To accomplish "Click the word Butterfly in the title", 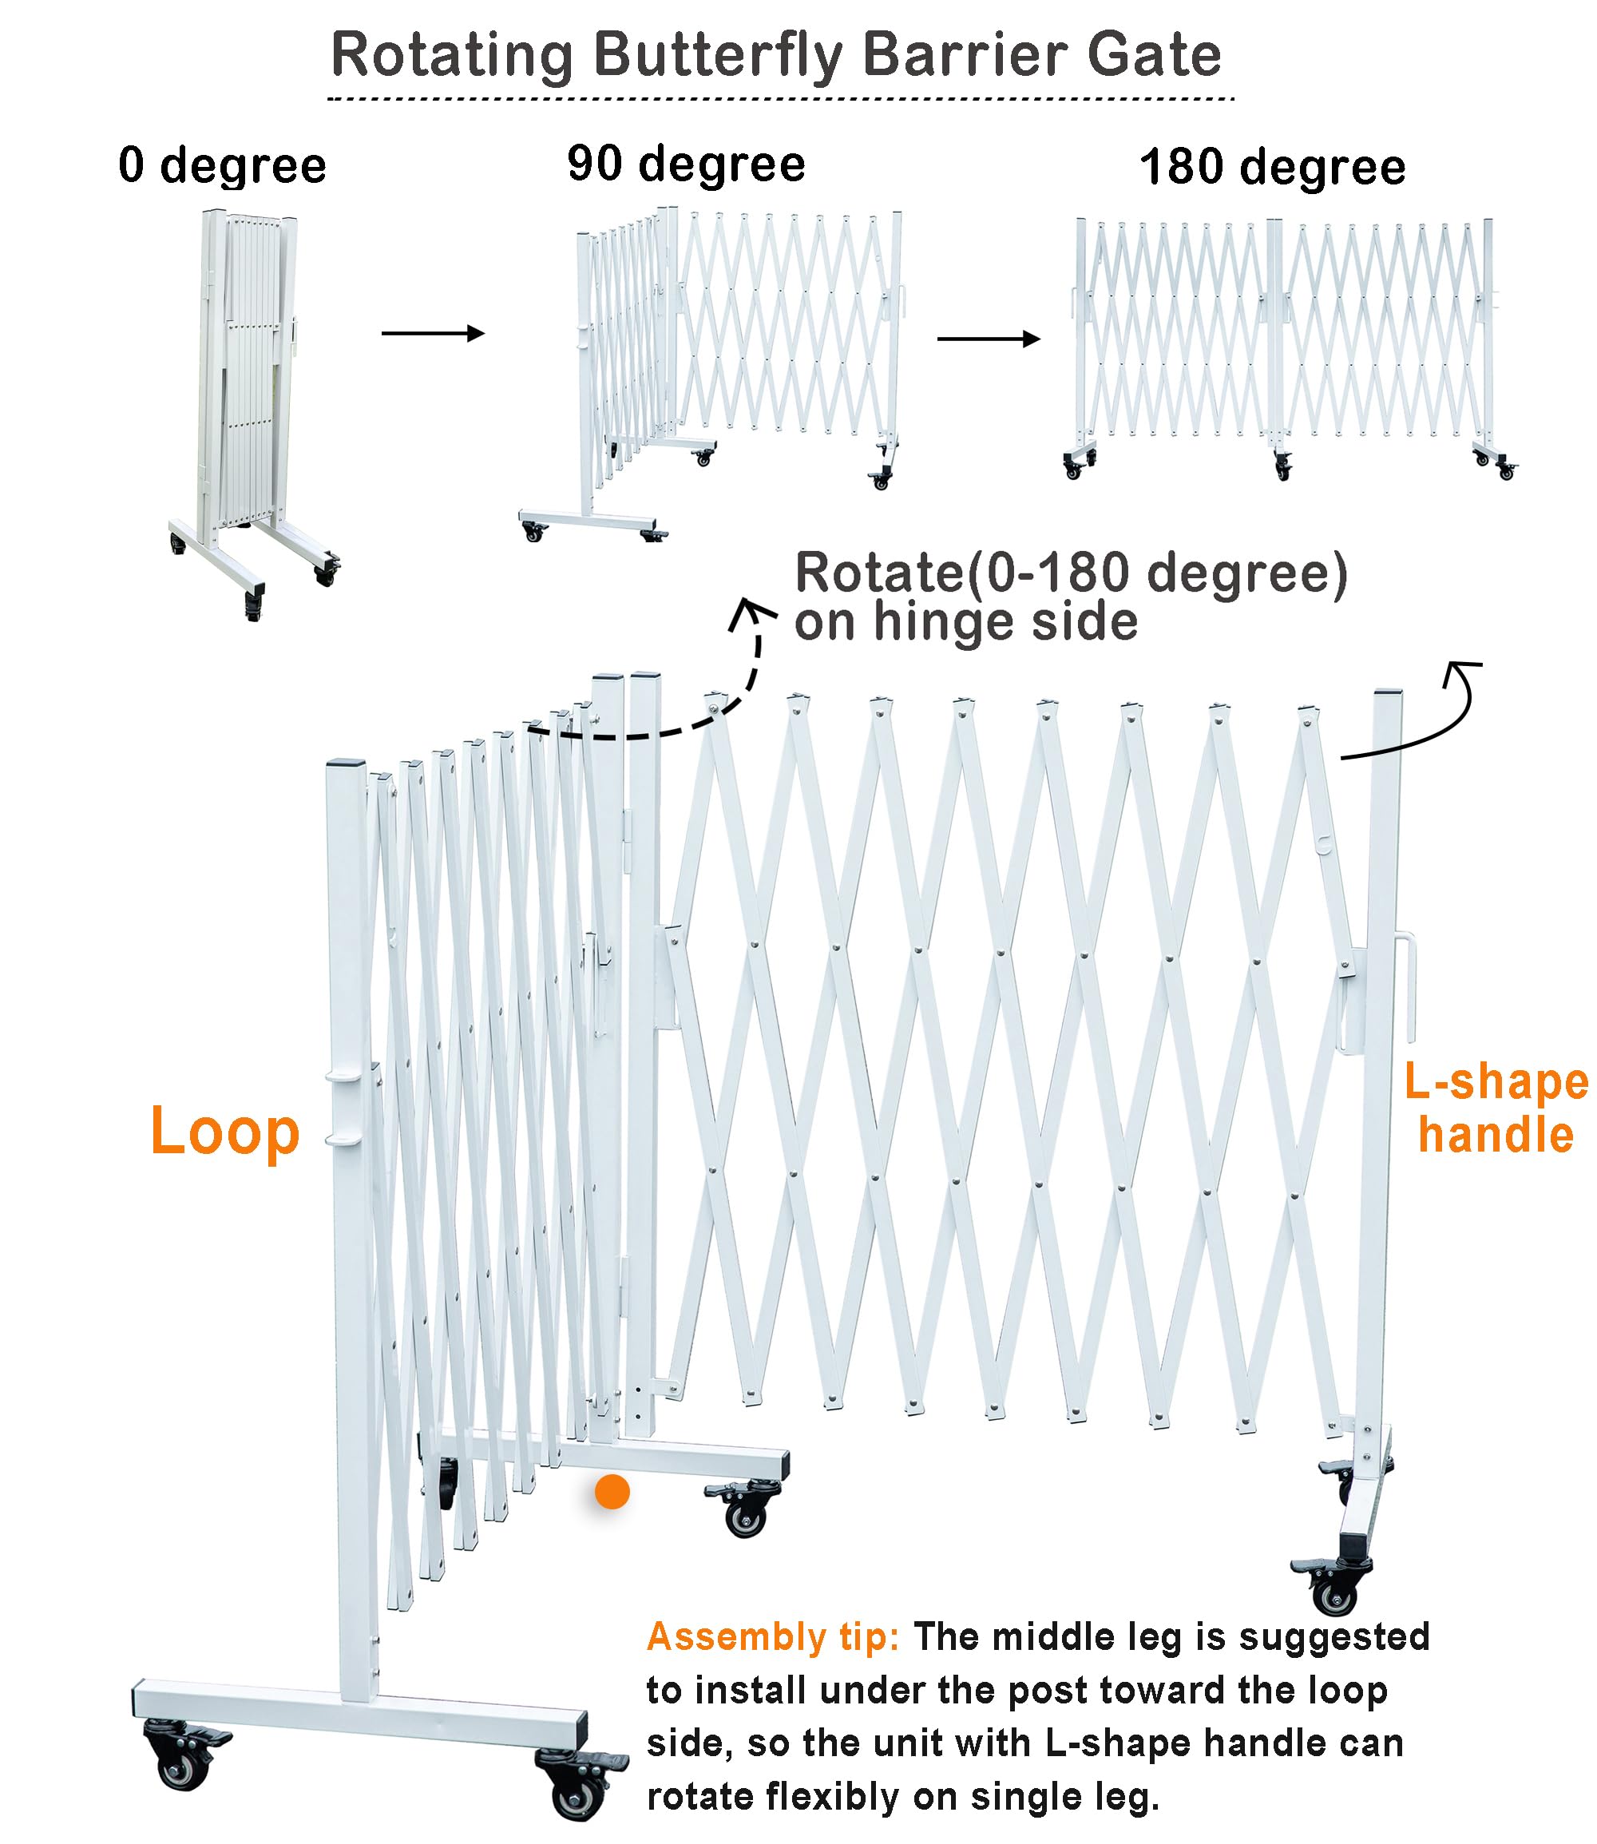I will point(717,55).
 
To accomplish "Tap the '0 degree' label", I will point(222,166).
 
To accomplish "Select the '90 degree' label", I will point(685,164).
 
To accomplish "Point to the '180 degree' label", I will point(1272,168).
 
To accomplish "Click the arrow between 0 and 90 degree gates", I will point(432,333).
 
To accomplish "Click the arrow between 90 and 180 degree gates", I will point(988,339).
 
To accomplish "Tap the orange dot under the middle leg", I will point(612,1491).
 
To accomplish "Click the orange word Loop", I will point(224,1132).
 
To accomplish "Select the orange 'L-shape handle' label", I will point(1496,1108).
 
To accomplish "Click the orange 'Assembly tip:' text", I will point(773,1636).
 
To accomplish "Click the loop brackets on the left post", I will point(347,1108).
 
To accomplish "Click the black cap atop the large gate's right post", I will point(1388,692).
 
